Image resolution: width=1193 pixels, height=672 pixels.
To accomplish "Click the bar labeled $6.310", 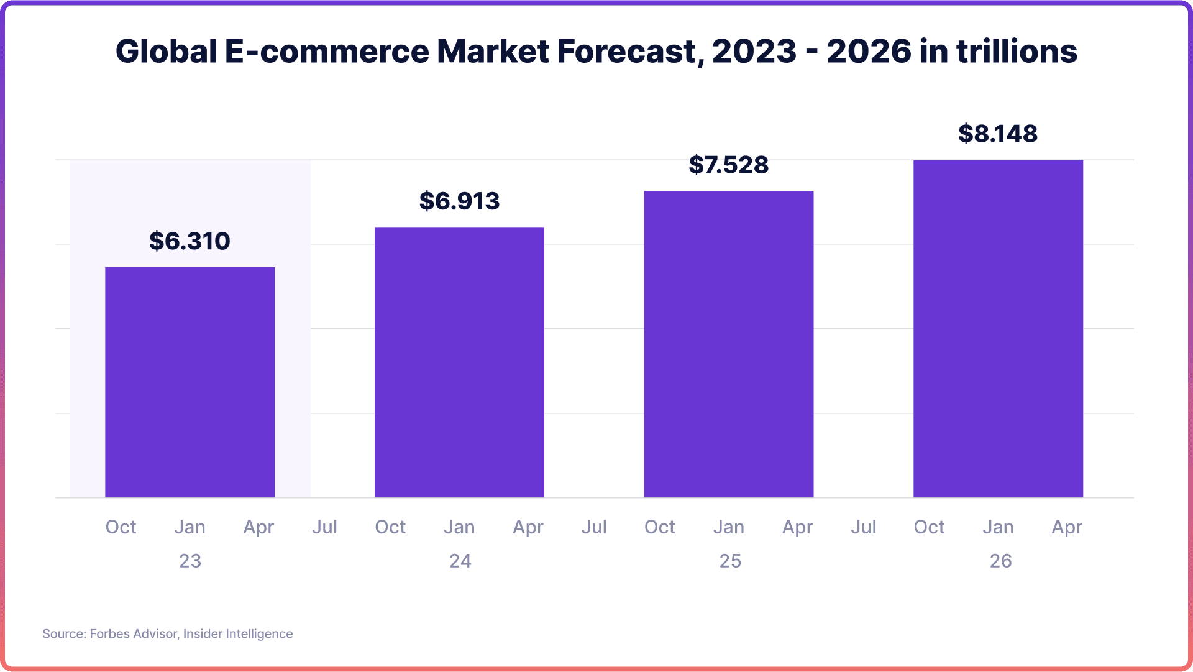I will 190,382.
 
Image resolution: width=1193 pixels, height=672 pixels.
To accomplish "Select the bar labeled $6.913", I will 459,362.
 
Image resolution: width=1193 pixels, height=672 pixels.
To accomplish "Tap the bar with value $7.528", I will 728,344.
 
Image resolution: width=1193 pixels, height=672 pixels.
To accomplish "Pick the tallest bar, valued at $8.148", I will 998,328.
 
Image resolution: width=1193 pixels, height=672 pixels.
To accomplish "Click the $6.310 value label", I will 190,241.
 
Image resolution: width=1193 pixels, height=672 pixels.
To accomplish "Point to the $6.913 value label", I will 459,201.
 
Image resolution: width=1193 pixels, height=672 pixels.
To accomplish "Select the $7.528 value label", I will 728,165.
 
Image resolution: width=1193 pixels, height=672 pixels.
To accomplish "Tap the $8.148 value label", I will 998,134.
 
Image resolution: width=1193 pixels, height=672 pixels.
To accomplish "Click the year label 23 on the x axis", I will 190,561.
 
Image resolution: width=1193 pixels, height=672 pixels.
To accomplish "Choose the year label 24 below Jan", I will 460,561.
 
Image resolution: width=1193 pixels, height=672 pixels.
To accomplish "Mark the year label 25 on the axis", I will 730,561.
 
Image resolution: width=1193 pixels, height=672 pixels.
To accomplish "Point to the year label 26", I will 1000,561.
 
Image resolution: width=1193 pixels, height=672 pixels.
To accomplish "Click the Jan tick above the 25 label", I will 728,527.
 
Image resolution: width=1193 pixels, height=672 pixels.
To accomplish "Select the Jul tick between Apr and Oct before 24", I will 324,527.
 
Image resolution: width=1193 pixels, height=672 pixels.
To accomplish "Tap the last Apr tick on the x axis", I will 1066,527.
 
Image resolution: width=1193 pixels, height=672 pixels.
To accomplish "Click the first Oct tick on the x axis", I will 121,527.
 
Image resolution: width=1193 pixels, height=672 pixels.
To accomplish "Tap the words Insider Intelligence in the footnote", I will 238,633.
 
